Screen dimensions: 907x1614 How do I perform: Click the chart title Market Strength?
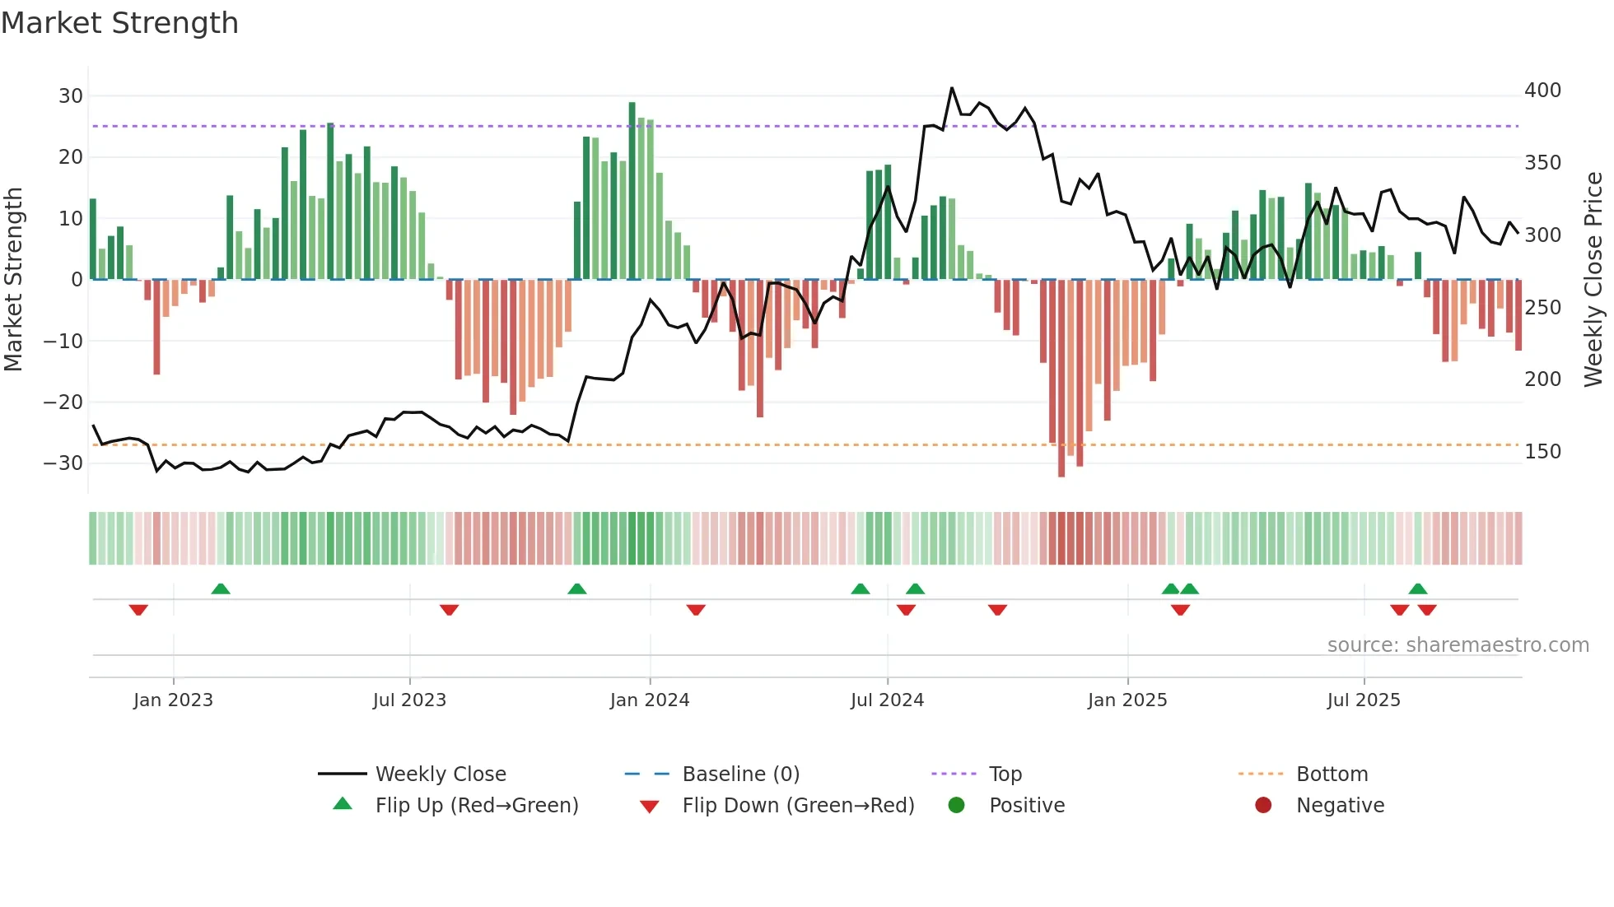pos(119,23)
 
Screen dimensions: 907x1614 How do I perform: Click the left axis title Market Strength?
pos(13,279)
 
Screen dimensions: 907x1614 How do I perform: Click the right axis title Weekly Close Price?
pos(1593,279)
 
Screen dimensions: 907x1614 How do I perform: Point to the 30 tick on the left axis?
pos(71,96)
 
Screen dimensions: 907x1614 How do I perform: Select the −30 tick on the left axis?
pos(64,463)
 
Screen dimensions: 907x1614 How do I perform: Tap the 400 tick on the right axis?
pos(1542,91)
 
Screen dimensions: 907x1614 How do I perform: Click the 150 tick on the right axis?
pos(1542,452)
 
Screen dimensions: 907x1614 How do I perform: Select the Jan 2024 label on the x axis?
pos(650,700)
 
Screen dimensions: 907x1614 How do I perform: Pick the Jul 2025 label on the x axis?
pos(1364,700)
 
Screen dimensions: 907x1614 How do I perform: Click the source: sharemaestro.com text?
pos(1458,645)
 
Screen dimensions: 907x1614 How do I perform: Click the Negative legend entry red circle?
pos(1263,806)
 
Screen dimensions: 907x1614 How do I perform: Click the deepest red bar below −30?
pos(1061,379)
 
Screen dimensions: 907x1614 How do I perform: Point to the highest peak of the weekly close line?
pos(952,88)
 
